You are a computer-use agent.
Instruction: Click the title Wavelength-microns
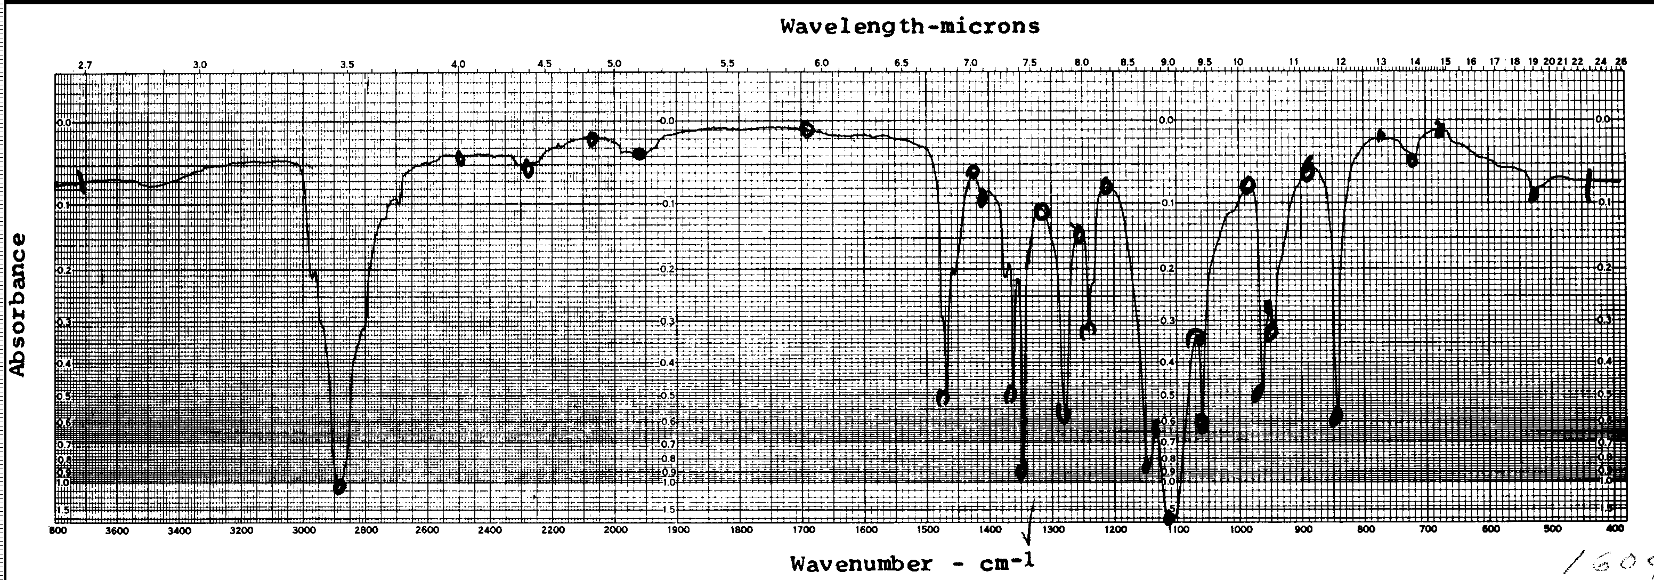(x=909, y=26)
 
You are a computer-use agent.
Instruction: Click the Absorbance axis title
(x=18, y=304)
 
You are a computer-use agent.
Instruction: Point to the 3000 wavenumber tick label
(x=304, y=530)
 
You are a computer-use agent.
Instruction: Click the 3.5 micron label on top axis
(x=347, y=64)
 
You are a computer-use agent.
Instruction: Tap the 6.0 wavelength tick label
(x=821, y=63)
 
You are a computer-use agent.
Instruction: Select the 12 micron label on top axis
(x=1341, y=62)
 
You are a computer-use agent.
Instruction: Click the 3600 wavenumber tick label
(x=117, y=530)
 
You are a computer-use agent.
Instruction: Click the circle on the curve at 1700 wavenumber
(x=807, y=130)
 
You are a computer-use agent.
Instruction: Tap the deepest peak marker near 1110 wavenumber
(x=1169, y=518)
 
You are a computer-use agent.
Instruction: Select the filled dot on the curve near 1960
(x=639, y=154)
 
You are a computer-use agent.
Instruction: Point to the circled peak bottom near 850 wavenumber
(x=1336, y=416)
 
